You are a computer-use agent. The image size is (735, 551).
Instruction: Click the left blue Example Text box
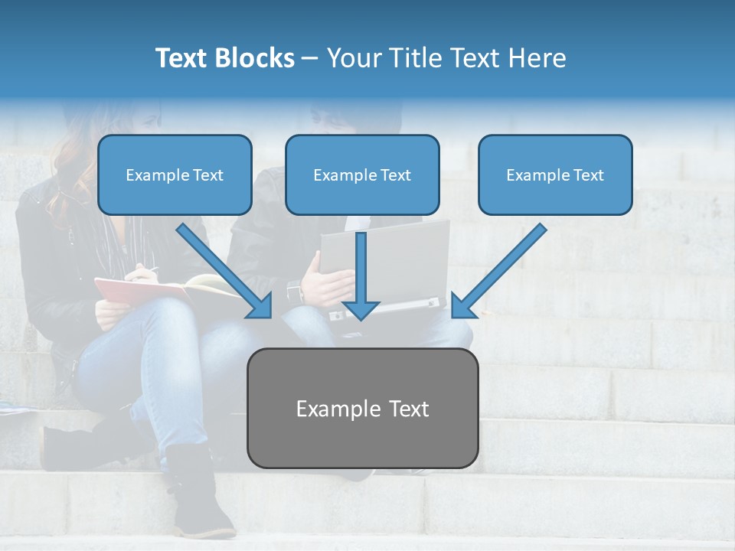pos(175,175)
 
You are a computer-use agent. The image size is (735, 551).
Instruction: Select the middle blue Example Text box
pos(362,175)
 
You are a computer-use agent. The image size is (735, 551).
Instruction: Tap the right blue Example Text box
pos(555,175)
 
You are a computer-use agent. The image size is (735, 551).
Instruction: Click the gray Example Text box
pos(362,409)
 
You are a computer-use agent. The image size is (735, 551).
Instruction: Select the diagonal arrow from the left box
pos(222,269)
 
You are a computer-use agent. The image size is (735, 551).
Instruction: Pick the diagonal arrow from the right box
pos(501,269)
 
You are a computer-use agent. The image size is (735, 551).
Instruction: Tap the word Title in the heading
pos(412,58)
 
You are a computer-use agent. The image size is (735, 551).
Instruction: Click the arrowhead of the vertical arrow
pos(361,309)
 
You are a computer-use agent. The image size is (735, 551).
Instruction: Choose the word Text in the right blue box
pos(588,175)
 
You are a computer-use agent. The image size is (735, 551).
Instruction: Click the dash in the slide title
pos(310,58)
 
